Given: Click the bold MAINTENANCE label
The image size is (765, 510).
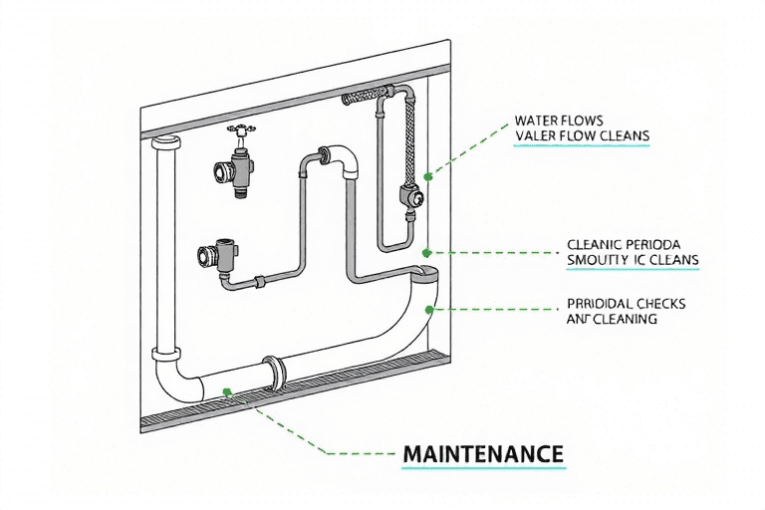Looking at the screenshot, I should pyautogui.click(x=483, y=453).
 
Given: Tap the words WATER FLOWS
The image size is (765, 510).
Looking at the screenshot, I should pyautogui.click(x=560, y=122).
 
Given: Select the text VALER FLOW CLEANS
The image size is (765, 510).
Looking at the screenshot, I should pyautogui.click(x=582, y=136).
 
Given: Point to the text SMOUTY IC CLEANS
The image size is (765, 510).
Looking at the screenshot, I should pyautogui.click(x=632, y=261).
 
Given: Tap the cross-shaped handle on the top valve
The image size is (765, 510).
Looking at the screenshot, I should pyautogui.click(x=239, y=129).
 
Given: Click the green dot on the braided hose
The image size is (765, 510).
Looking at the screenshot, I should pyautogui.click(x=428, y=175).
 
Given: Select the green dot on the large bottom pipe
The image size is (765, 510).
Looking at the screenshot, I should pyautogui.click(x=228, y=391).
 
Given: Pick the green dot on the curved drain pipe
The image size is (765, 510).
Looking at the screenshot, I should pyautogui.click(x=430, y=309).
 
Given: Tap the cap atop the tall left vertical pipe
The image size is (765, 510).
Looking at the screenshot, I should pyautogui.click(x=164, y=145).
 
